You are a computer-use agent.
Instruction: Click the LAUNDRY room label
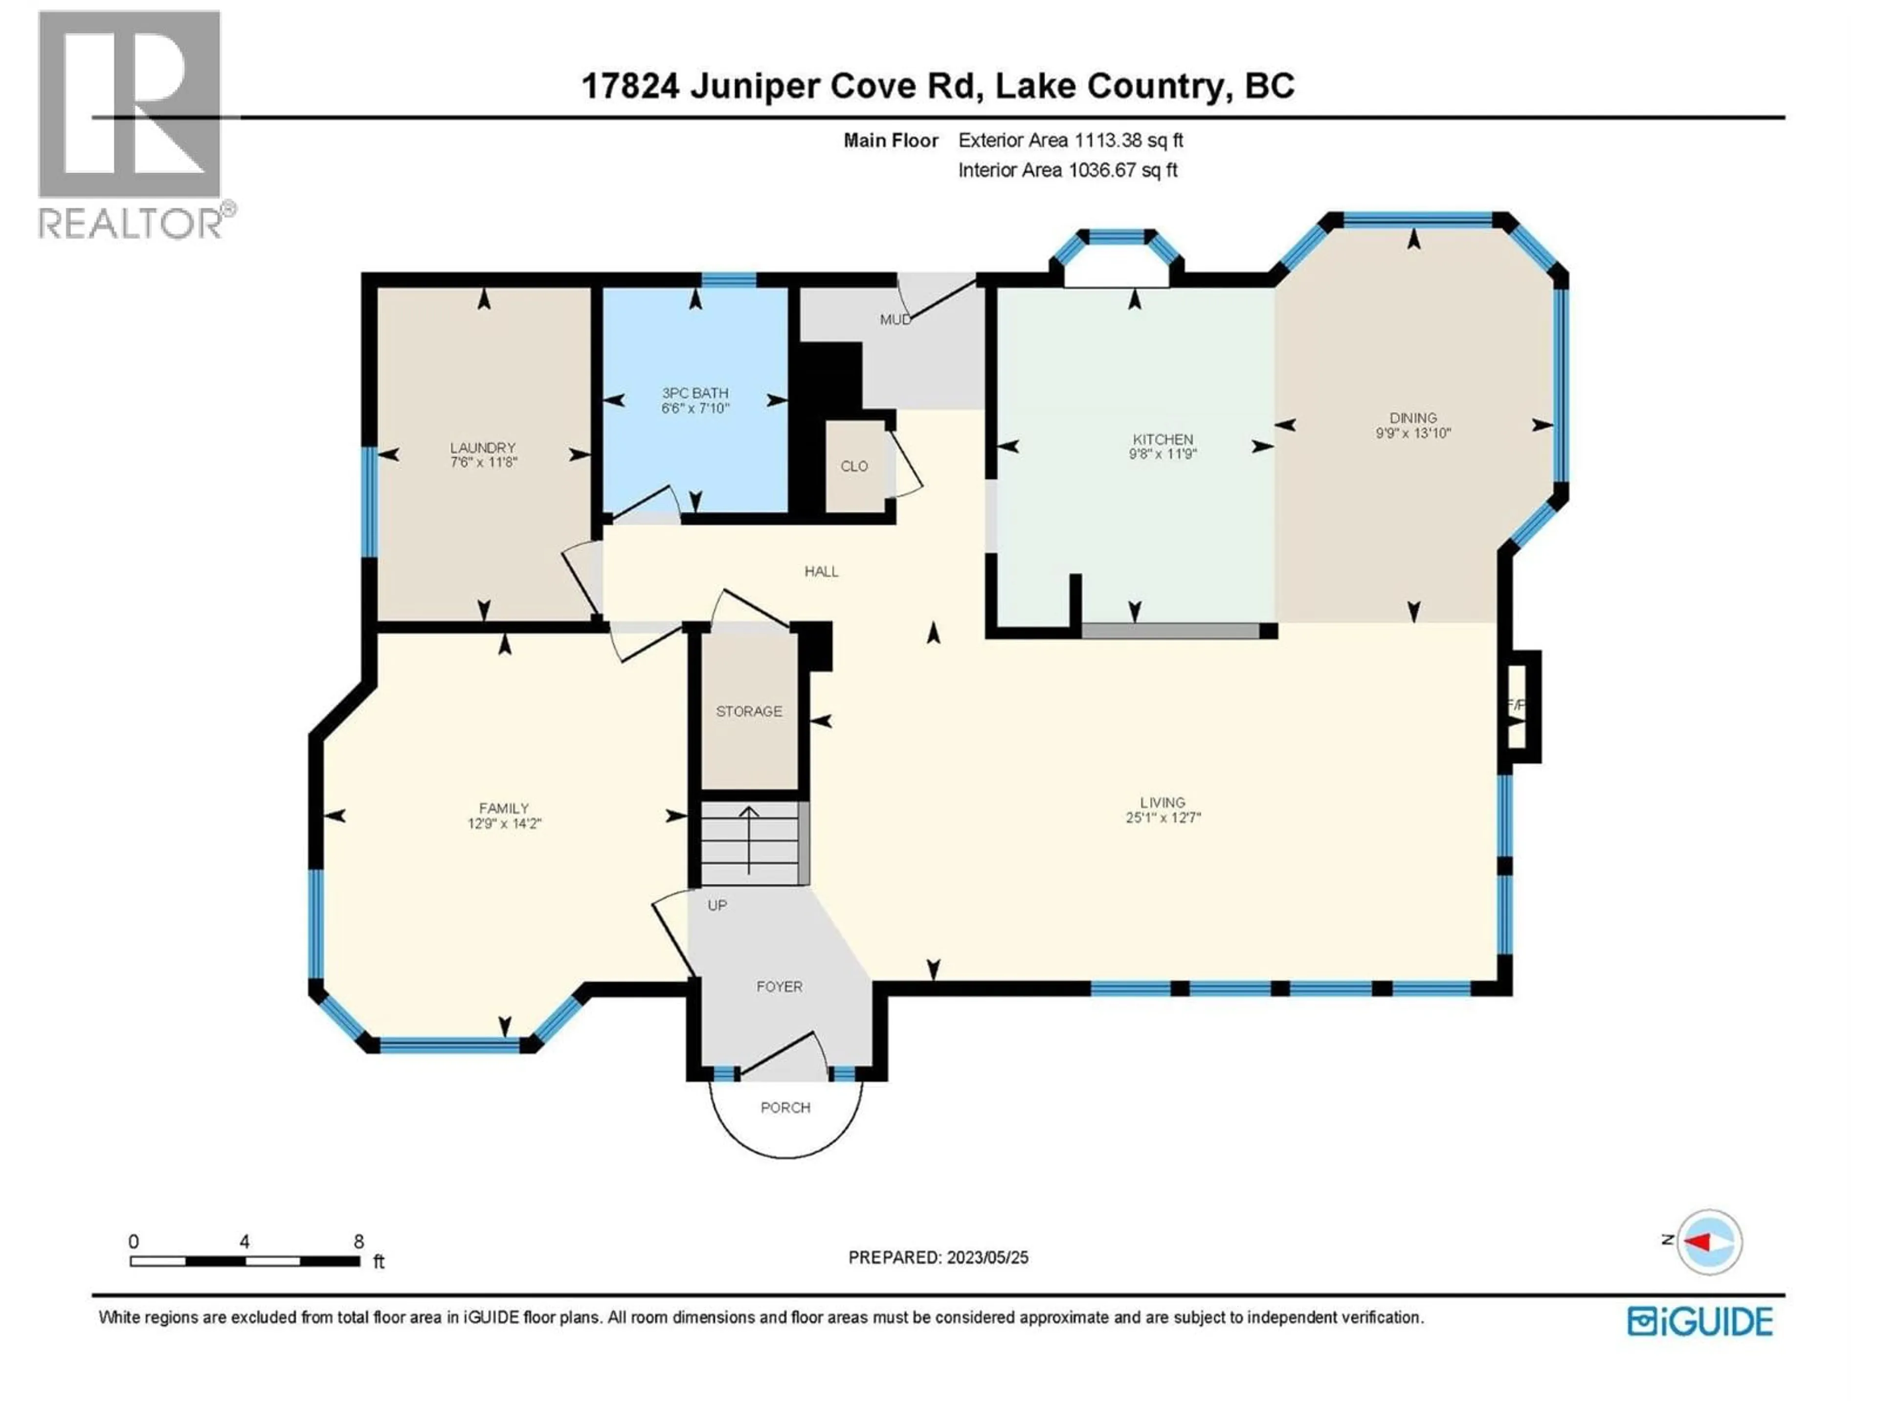tap(482, 448)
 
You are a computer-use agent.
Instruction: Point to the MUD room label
tap(895, 319)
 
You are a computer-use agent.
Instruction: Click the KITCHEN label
tap(1163, 439)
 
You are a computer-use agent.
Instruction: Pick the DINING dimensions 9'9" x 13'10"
tap(1413, 433)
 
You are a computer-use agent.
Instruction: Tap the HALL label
tap(821, 571)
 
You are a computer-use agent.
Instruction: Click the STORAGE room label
tap(749, 711)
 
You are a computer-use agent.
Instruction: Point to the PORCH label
tap(785, 1108)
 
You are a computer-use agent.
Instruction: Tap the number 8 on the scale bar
tap(359, 1241)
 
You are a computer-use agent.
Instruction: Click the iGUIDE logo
tap(1699, 1321)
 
